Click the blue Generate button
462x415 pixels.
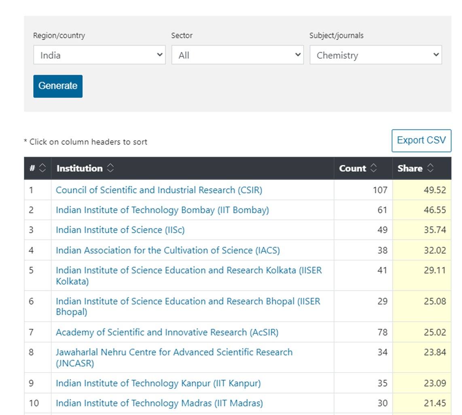click(58, 86)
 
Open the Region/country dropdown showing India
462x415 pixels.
click(99, 55)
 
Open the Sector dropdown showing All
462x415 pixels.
click(237, 55)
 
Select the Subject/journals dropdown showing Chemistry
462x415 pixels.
click(375, 55)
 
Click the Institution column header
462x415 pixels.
click(80, 168)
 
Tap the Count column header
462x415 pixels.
click(353, 168)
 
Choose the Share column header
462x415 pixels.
click(410, 168)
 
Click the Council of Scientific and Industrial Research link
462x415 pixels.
click(159, 190)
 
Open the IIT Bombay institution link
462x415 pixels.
click(162, 210)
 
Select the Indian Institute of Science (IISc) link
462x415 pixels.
click(120, 230)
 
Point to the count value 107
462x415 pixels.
click(380, 190)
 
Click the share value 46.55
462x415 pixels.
click(434, 210)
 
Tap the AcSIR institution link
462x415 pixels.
click(167, 332)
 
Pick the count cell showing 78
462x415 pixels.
click(382, 332)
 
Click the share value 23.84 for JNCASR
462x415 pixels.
click(434, 352)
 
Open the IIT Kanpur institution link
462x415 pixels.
click(158, 383)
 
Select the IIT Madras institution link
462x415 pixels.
click(159, 403)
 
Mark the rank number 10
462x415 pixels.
click(34, 403)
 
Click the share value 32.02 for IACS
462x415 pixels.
click(434, 250)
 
